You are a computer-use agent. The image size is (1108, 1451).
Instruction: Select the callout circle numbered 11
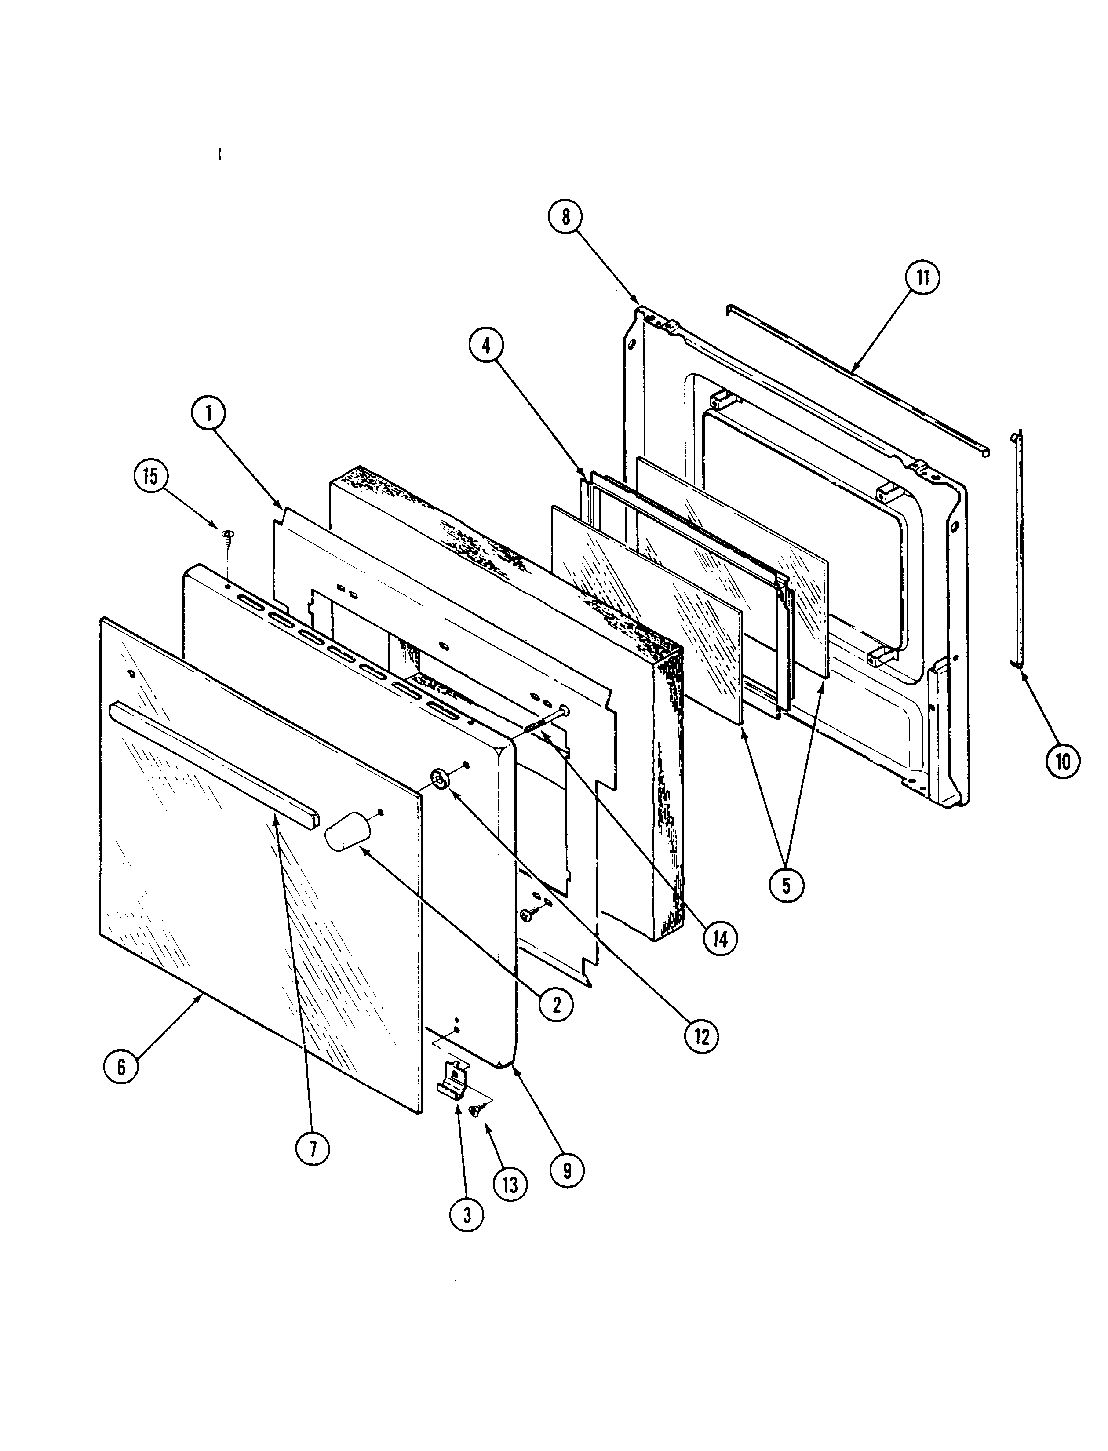coord(922,278)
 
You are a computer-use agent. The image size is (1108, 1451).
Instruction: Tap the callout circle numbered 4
coord(486,345)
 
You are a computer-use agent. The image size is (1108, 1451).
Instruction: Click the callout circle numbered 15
coord(151,476)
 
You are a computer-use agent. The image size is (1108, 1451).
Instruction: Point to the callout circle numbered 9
coord(566,1170)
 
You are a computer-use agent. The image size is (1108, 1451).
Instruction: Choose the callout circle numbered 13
coord(510,1185)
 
